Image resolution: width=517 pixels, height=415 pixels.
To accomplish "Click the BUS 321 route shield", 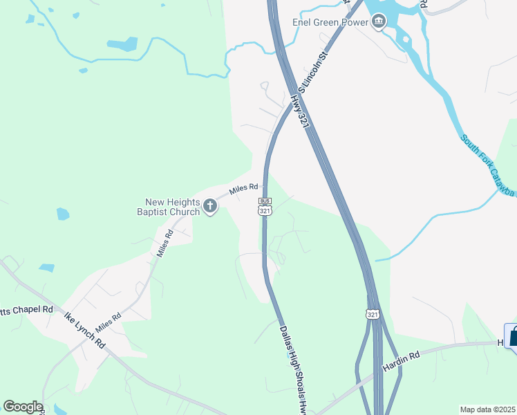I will click(x=265, y=206).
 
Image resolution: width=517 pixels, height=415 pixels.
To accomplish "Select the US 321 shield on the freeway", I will click(x=373, y=315).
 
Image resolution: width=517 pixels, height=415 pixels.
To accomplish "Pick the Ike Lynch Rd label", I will click(x=84, y=332).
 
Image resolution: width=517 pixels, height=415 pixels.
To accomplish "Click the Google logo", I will click(x=23, y=407).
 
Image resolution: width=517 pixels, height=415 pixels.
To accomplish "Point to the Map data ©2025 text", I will click(x=487, y=409).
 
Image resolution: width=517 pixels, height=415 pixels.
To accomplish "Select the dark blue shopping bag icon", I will click(x=512, y=337).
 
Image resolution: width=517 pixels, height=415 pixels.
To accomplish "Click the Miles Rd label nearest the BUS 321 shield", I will click(x=243, y=187).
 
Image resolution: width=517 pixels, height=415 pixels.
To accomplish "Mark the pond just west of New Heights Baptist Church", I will click(x=63, y=214).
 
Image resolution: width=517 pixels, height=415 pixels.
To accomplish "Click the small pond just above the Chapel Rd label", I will click(x=46, y=268).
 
